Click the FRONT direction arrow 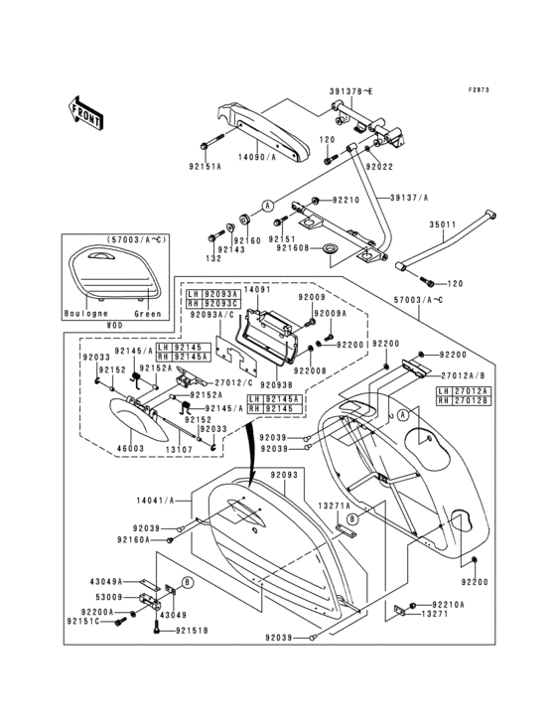tap(87, 111)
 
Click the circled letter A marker tap(266, 204)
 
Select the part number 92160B tap(321, 248)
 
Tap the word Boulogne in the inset tap(86, 313)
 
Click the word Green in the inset tap(147, 313)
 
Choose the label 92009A tap(329, 312)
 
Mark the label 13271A tap(333, 505)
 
